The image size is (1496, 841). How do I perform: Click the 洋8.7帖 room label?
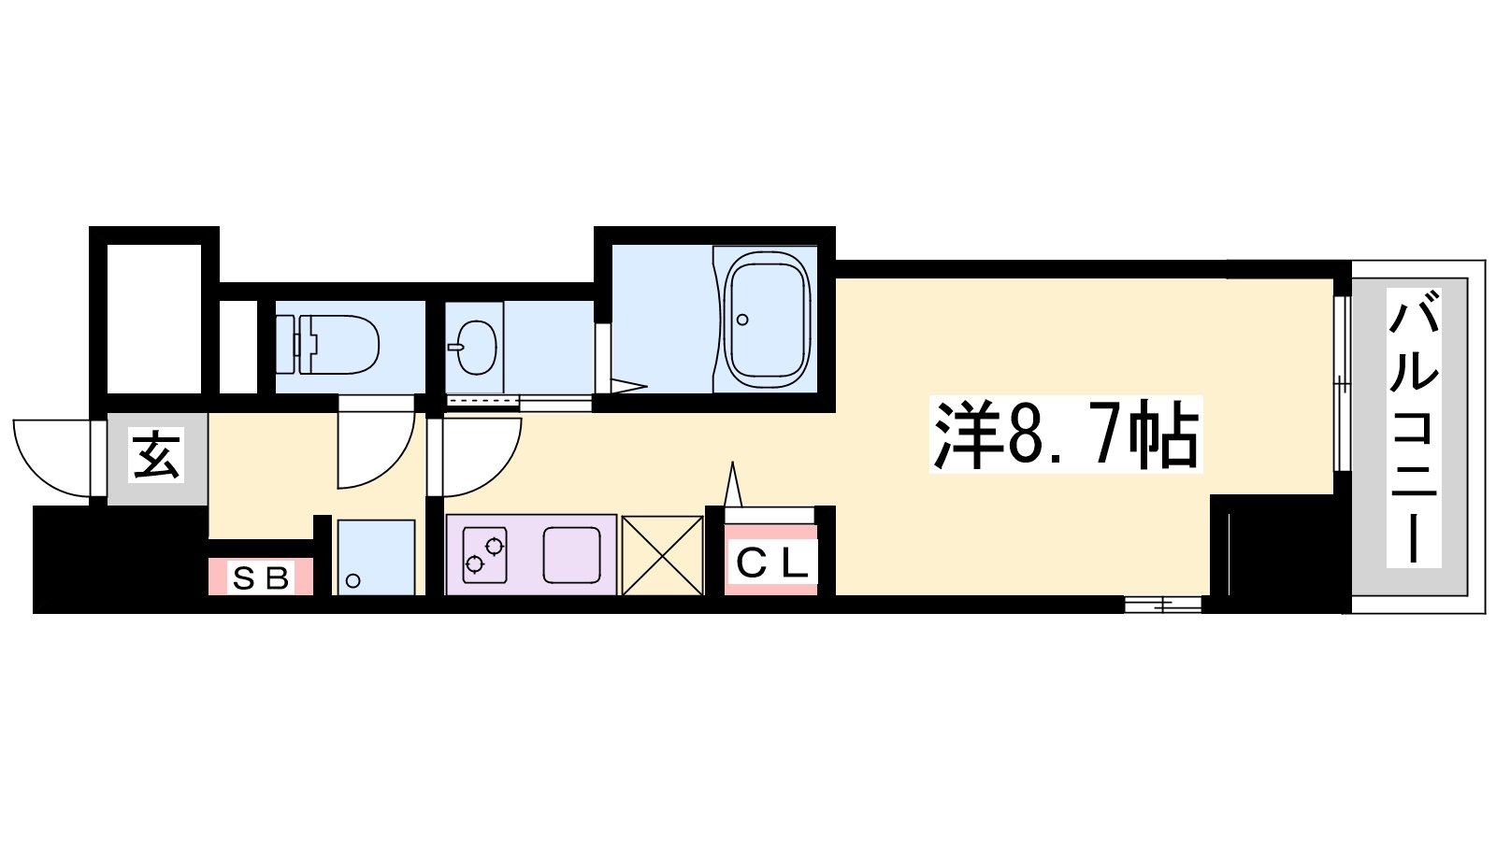coord(1066,435)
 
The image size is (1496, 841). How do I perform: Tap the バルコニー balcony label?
coord(1413,428)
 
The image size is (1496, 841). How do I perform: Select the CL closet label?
coord(771,565)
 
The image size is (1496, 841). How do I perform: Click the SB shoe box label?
coord(261,578)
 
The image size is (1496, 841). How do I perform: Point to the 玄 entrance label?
coord(156,457)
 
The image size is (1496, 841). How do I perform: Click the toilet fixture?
coord(328,345)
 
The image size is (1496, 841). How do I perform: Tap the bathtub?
coord(767,320)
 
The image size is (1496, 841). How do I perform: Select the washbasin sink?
coord(476,347)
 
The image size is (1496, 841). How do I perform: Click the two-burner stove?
coord(484,555)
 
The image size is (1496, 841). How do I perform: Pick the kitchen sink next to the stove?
coord(571,555)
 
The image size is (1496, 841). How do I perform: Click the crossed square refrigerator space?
coord(663,555)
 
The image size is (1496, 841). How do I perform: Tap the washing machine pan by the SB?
coord(376,557)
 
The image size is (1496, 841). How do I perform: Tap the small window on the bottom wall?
coord(1163,605)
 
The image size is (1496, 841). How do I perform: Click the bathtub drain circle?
coord(742,320)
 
